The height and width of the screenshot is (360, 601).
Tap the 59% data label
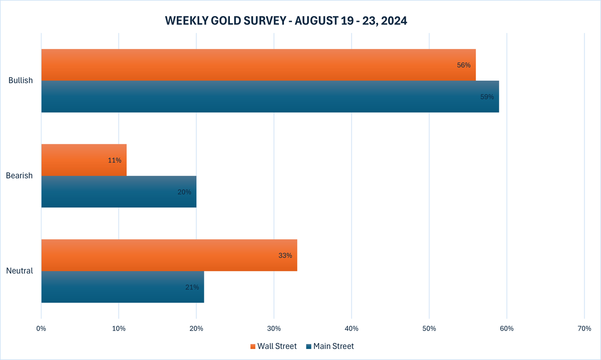point(487,97)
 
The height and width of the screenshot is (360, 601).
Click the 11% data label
point(115,160)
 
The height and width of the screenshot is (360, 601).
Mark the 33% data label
point(285,255)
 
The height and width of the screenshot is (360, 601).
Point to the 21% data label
point(192,287)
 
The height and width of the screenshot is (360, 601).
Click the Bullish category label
point(21,81)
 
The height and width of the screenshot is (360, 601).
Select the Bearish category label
point(19,176)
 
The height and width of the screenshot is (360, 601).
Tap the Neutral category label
point(20,271)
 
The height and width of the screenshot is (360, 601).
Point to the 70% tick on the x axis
point(584,328)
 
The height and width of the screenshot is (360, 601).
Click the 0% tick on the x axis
point(41,328)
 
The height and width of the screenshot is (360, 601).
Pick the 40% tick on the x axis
point(352,328)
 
